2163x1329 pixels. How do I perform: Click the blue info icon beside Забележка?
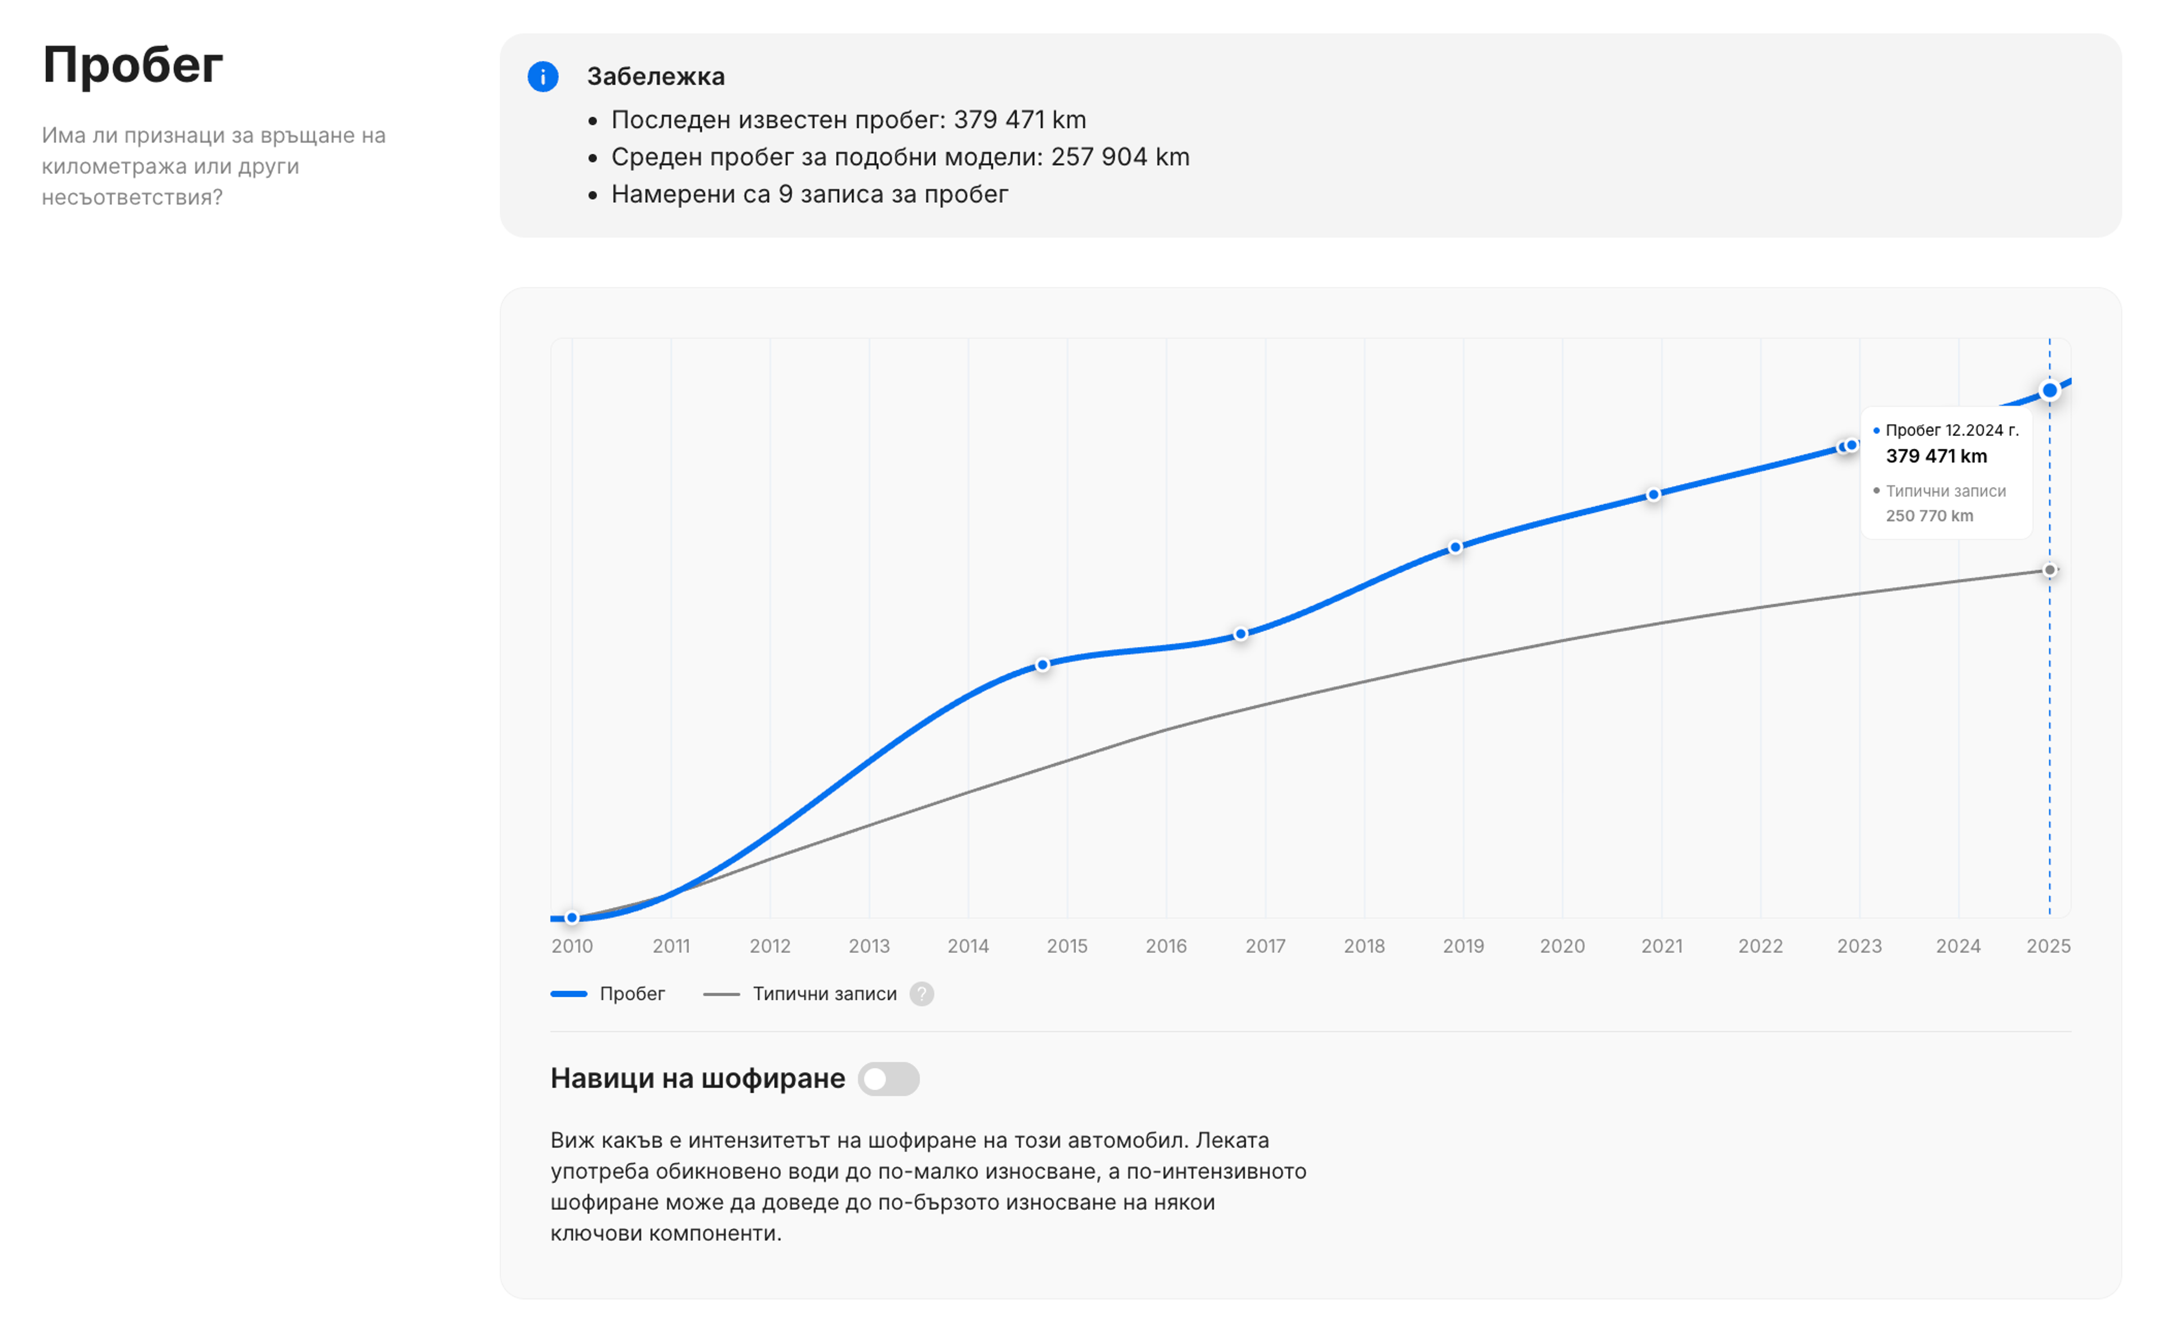point(542,77)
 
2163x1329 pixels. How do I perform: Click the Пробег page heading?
point(133,65)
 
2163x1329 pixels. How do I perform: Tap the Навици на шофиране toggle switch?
point(889,1078)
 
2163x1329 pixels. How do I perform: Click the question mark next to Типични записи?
point(921,994)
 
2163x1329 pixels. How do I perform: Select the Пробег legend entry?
point(608,994)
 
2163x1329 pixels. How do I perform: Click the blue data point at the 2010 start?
point(572,918)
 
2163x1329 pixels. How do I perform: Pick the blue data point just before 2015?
point(1043,666)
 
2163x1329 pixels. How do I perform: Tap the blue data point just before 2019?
point(1456,547)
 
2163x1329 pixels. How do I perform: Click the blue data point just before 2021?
point(1653,495)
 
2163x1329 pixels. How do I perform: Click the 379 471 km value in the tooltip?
point(1936,456)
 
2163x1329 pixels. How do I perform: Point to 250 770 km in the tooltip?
point(1929,516)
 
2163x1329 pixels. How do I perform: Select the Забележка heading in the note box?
point(656,77)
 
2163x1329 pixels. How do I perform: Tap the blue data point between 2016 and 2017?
point(1241,634)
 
